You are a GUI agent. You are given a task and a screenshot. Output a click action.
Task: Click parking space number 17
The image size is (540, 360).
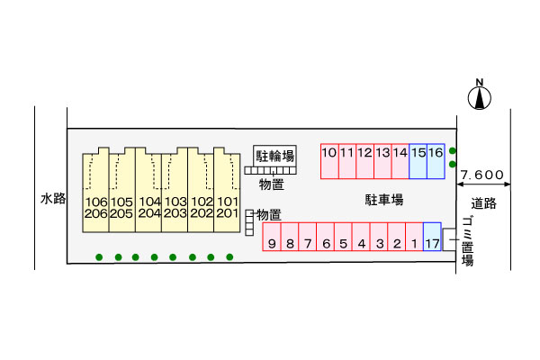[432, 237]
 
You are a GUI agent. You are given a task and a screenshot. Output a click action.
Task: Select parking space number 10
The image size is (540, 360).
[329, 161]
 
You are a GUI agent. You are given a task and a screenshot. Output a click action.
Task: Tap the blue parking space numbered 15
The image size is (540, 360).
[418, 161]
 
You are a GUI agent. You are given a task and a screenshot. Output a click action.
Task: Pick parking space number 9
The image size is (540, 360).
[272, 237]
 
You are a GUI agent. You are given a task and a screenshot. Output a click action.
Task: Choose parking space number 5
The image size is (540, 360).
[343, 237]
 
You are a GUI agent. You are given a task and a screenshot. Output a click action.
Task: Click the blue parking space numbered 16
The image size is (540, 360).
[436, 161]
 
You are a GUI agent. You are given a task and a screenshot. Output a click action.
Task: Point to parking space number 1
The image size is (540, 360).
[414, 237]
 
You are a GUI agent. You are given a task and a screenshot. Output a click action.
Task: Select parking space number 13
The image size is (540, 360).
[382, 161]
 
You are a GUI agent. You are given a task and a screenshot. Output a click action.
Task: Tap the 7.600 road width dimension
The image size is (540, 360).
[482, 175]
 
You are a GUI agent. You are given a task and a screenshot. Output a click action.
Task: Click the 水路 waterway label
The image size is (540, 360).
[53, 198]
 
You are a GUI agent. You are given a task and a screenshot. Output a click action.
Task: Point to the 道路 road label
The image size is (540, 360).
[484, 203]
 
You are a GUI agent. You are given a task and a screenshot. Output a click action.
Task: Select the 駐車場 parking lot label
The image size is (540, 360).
[384, 200]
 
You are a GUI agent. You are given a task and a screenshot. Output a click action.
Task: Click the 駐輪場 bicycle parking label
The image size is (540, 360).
[274, 156]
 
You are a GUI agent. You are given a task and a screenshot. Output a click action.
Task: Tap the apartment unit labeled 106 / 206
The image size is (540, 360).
[96, 190]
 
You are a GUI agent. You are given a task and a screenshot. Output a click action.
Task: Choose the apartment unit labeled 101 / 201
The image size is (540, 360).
[227, 190]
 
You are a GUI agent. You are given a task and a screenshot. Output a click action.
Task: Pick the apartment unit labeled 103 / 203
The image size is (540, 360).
[175, 190]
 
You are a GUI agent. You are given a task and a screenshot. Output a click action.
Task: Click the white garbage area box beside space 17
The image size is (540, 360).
[449, 239]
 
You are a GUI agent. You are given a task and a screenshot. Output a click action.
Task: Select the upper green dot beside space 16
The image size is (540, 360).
[453, 151]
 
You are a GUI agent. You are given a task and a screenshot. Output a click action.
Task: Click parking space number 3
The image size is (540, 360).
[379, 237]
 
